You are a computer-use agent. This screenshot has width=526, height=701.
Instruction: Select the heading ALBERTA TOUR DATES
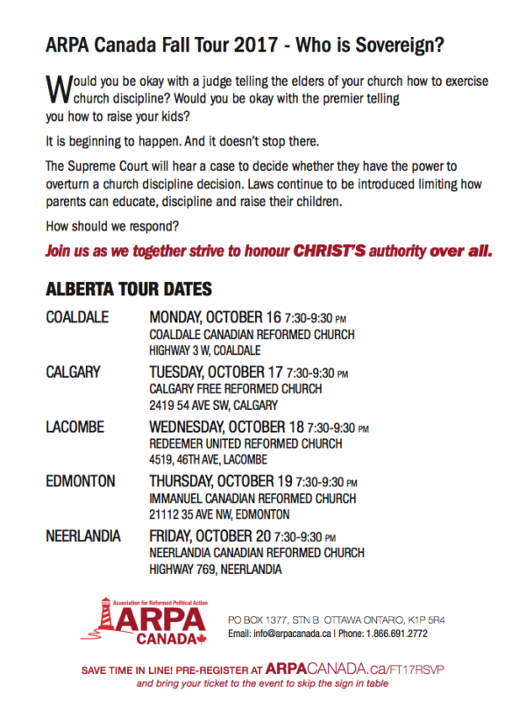coord(128,289)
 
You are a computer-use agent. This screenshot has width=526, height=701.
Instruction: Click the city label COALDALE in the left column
coord(77,317)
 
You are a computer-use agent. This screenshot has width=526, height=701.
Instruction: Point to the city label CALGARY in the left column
coord(74,372)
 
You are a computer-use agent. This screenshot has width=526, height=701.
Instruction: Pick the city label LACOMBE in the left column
coord(75,427)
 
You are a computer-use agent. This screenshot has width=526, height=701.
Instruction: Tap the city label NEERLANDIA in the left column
coord(83,535)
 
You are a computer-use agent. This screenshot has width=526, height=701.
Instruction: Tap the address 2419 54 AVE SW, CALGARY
coord(214,406)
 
